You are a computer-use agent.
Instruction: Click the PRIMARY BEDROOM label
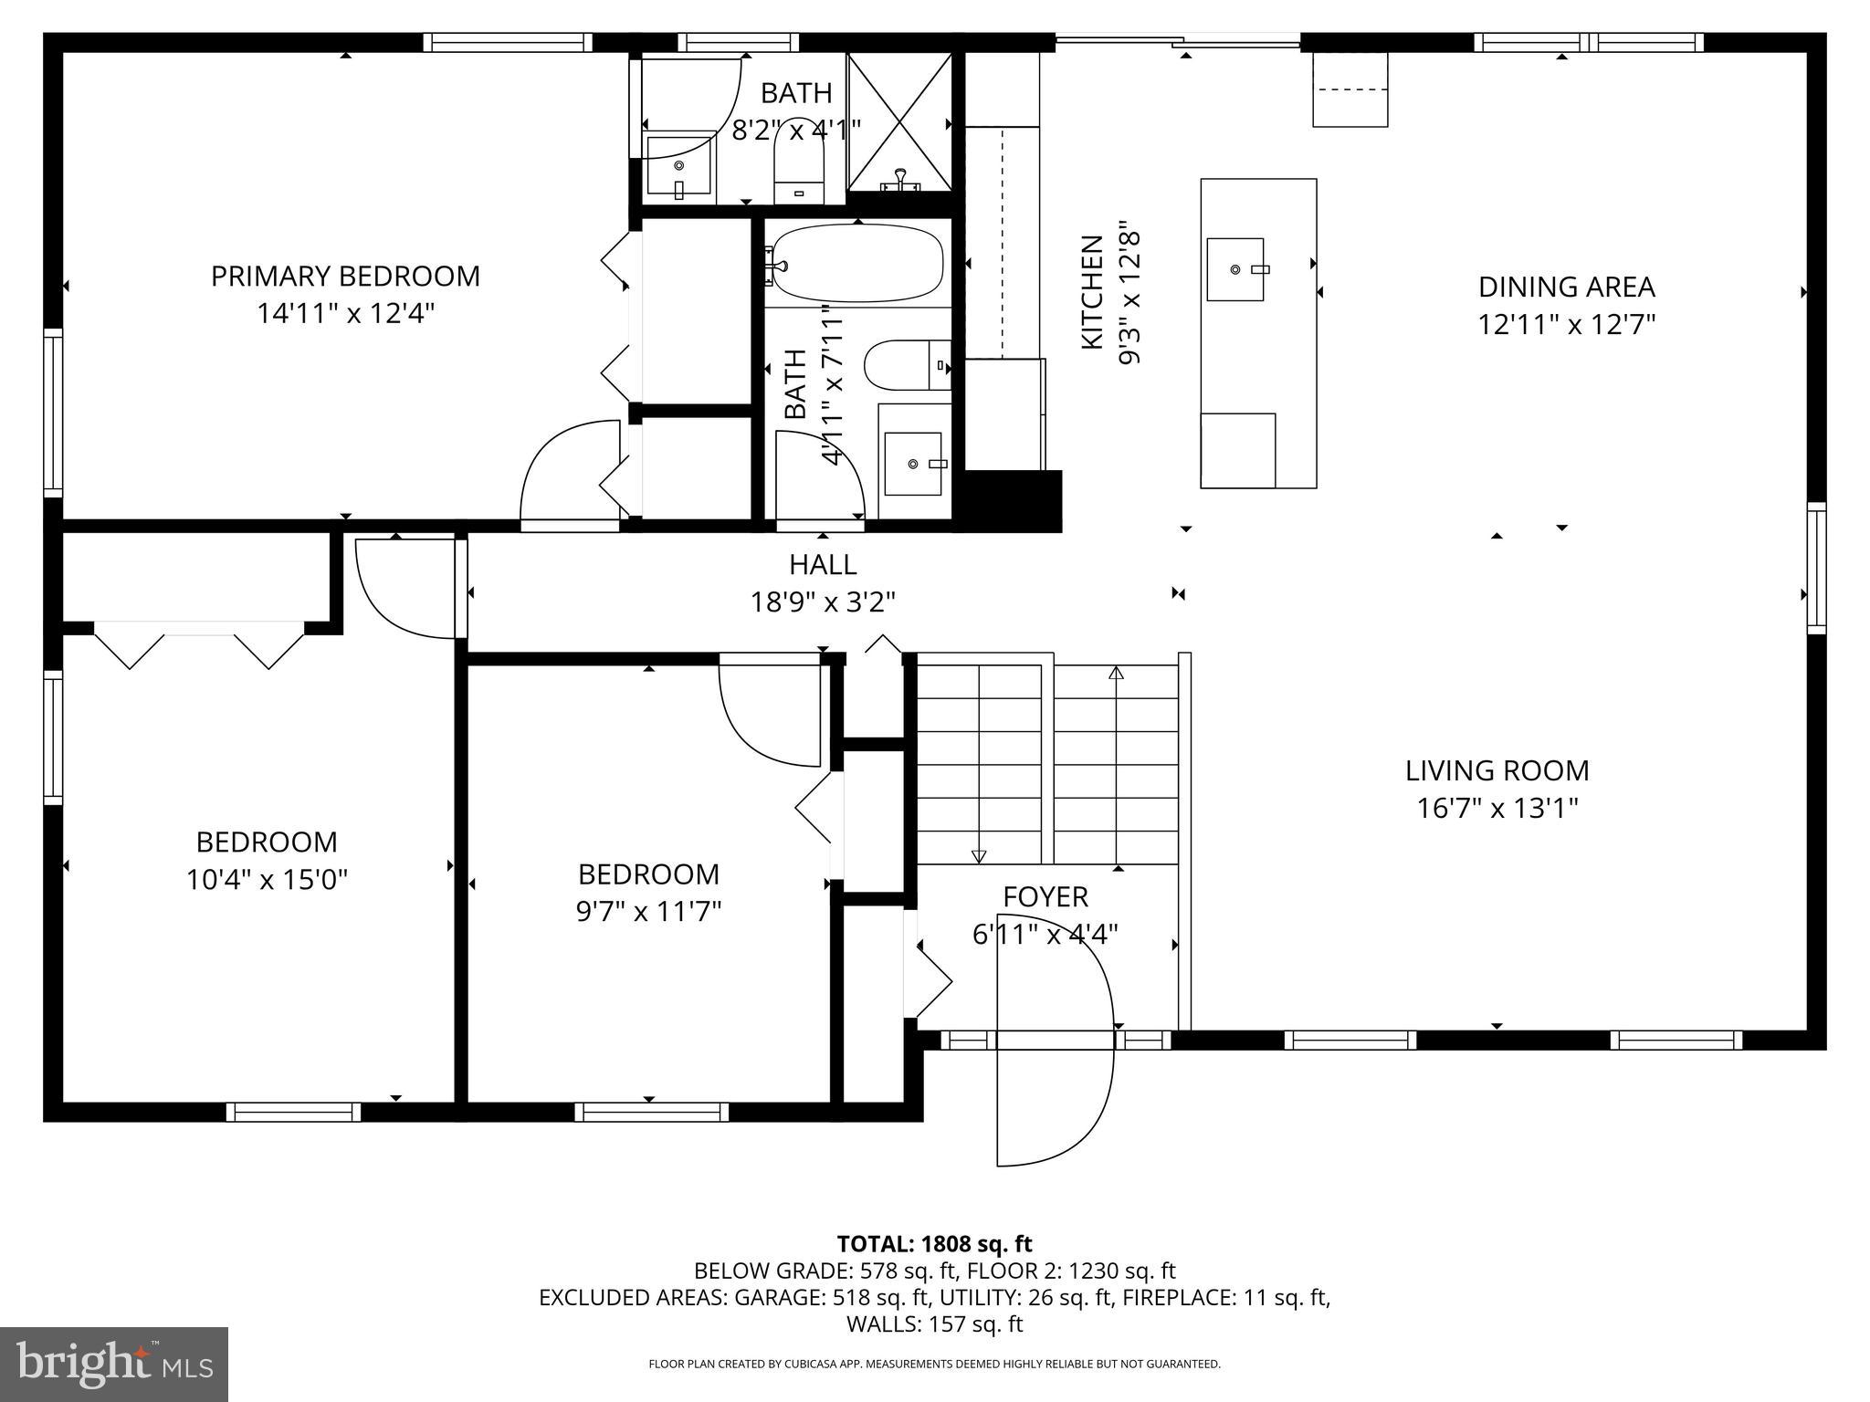tap(345, 276)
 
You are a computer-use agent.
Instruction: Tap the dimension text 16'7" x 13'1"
tap(1497, 809)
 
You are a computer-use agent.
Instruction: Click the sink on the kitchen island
tap(1235, 269)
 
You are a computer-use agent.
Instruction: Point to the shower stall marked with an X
tap(899, 121)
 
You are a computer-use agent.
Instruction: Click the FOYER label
tap(1045, 896)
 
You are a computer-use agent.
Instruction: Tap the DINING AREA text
tap(1566, 287)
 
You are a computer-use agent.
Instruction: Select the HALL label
tap(823, 564)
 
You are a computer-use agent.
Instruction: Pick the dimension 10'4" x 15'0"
tap(267, 880)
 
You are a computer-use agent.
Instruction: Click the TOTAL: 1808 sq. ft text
tap(934, 1243)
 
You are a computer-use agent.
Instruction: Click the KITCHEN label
tap(1092, 292)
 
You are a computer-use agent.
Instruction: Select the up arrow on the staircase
tap(1116, 675)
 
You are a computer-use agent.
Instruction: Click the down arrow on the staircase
tap(979, 855)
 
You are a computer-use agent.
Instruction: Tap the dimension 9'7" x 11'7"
tap(648, 912)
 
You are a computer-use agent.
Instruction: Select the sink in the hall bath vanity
tap(913, 464)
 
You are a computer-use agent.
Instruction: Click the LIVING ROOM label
tap(1497, 770)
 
